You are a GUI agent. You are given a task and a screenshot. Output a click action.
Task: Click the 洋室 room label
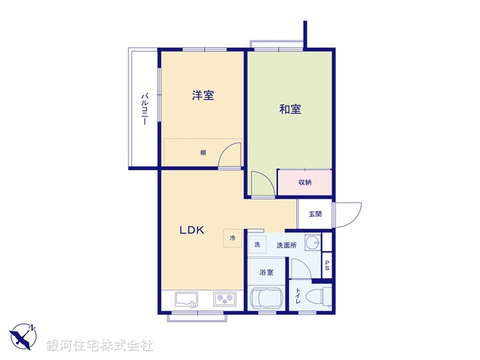(202, 95)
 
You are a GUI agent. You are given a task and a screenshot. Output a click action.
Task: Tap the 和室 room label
(290, 109)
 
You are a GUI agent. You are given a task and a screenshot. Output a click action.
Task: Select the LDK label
(191, 230)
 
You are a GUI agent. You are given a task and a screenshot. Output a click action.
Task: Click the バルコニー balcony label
(144, 109)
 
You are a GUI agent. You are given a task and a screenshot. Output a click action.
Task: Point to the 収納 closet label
(304, 182)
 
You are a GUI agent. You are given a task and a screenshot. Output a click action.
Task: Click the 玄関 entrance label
(314, 214)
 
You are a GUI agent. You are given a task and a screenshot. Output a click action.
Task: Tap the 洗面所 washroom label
(286, 245)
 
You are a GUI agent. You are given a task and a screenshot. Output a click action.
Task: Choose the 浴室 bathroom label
(266, 272)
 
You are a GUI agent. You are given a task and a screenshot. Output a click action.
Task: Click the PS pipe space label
(327, 265)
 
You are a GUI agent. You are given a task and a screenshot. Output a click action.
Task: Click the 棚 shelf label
(202, 153)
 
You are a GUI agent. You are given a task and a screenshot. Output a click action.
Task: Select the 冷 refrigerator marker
(232, 238)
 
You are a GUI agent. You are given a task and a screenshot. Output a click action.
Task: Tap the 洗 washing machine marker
(256, 245)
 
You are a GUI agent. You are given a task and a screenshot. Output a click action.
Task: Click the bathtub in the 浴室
(265, 298)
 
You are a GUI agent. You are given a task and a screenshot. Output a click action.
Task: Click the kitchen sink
(187, 299)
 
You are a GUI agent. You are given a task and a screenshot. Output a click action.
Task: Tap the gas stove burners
(224, 299)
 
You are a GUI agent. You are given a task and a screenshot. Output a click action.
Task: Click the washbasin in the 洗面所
(313, 244)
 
